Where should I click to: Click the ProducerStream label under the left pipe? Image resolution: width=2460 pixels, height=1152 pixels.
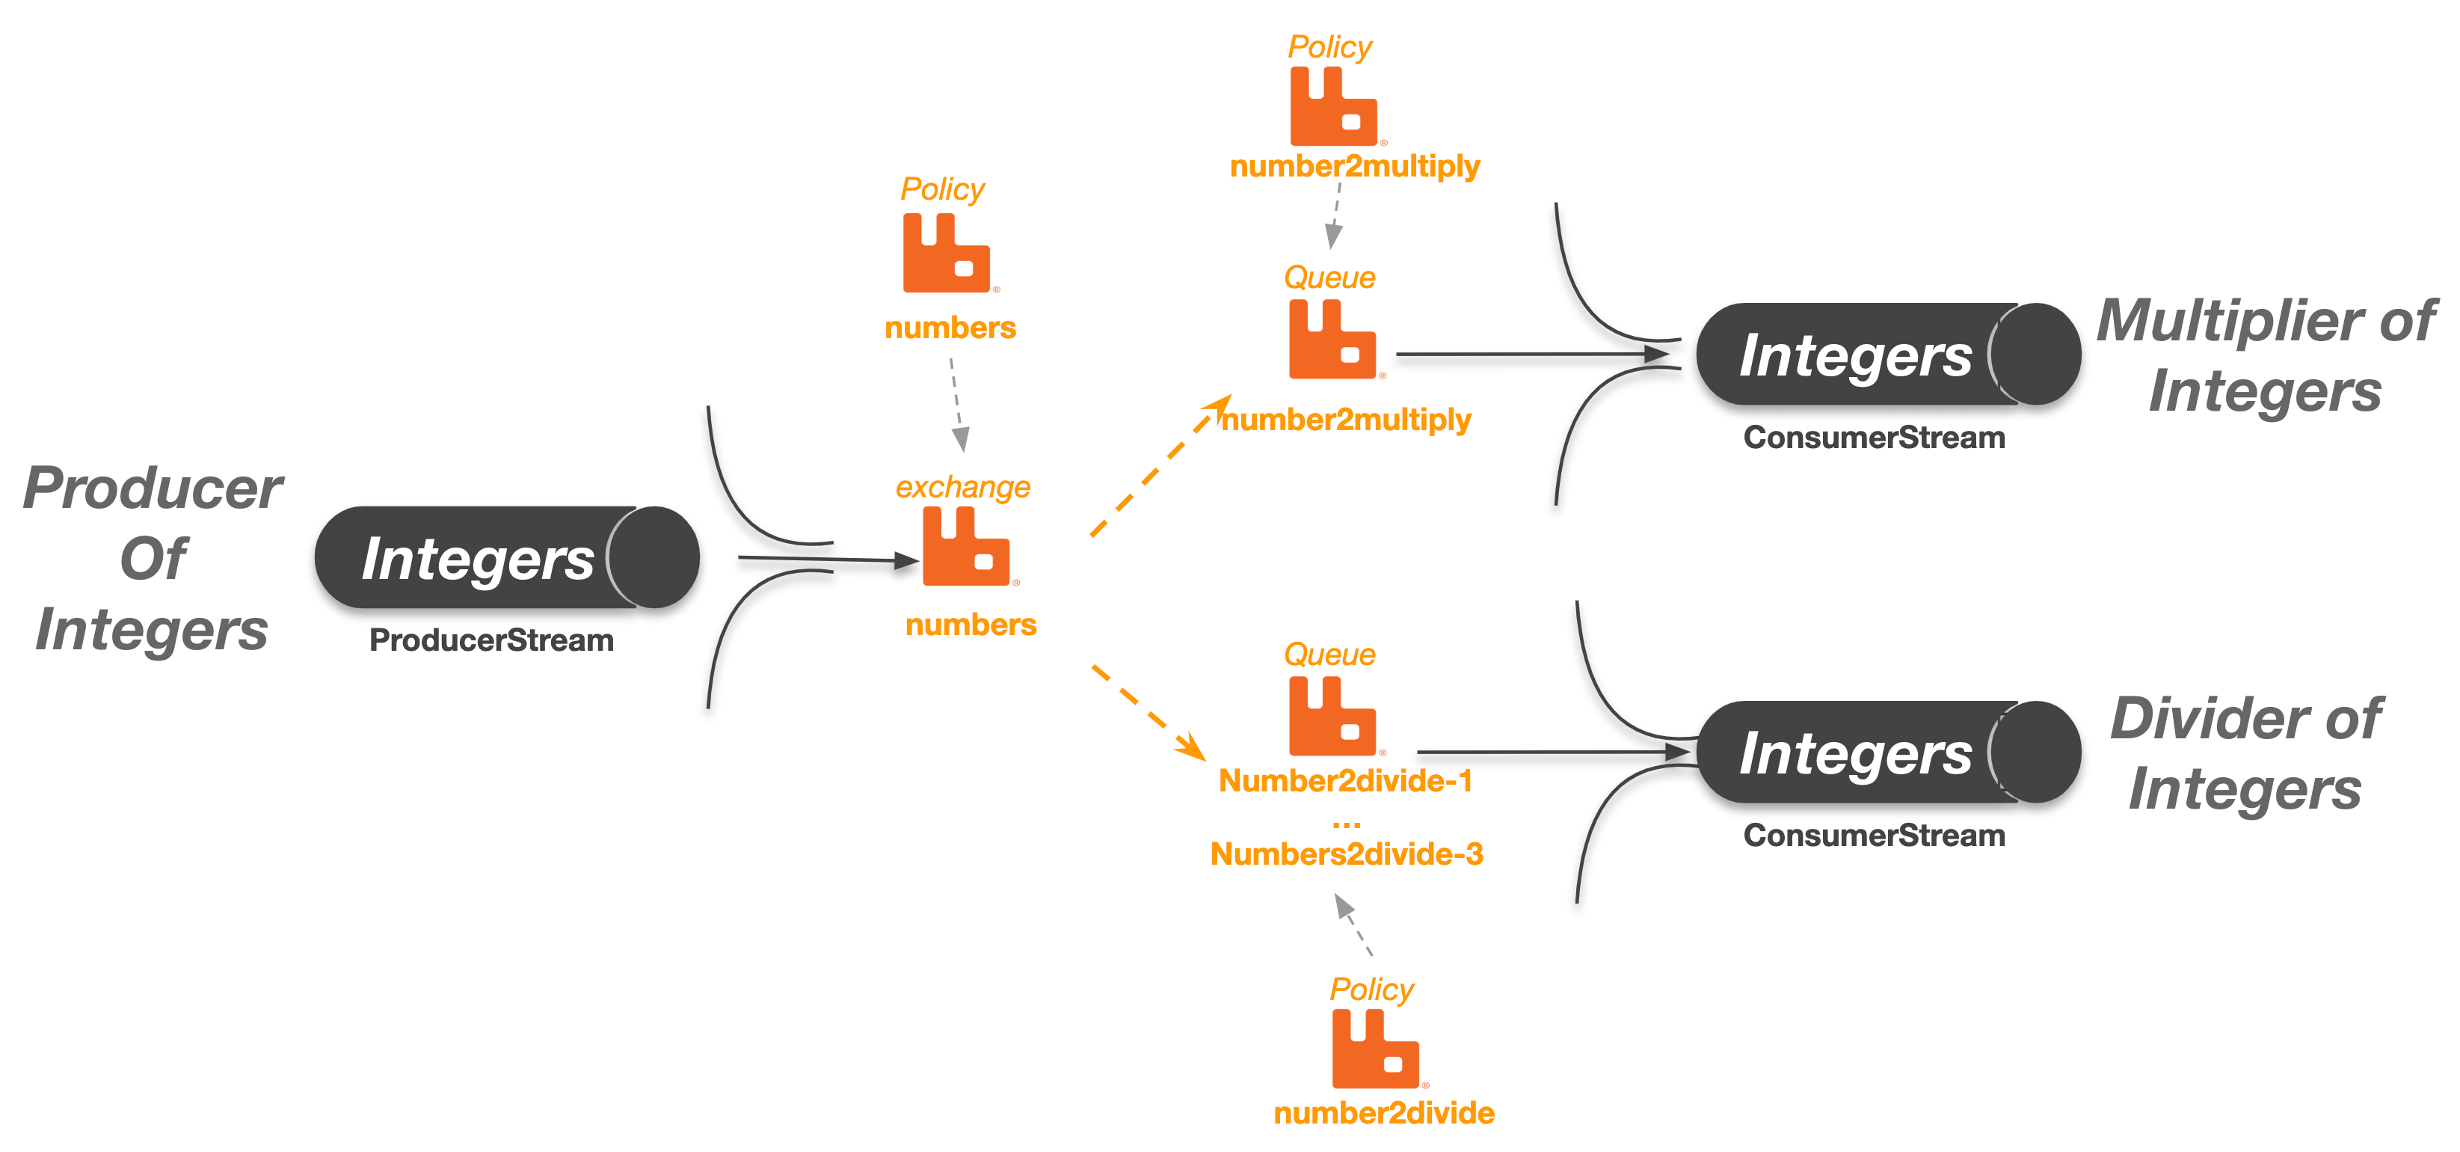[491, 640]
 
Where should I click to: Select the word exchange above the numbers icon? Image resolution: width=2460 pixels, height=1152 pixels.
[962, 487]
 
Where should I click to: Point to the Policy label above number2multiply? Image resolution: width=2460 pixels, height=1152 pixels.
[1329, 47]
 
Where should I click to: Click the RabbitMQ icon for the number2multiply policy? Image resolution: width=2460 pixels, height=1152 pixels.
[1332, 107]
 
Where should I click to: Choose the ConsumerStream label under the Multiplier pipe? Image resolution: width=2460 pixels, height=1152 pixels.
[1873, 438]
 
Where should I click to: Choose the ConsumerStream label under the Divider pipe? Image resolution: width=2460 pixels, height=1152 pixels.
[1873, 835]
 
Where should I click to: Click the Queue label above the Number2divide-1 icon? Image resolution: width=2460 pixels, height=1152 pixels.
[1329, 655]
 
